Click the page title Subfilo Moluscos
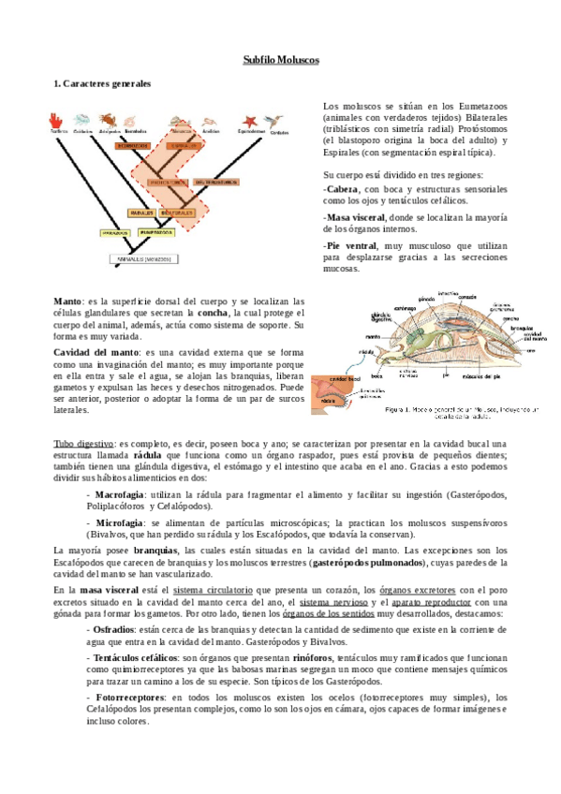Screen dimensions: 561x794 [x=280, y=59]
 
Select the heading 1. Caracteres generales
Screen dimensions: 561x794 [x=102, y=84]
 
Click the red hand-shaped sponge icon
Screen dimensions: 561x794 [x=57, y=120]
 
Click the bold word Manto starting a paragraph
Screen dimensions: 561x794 [x=67, y=301]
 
